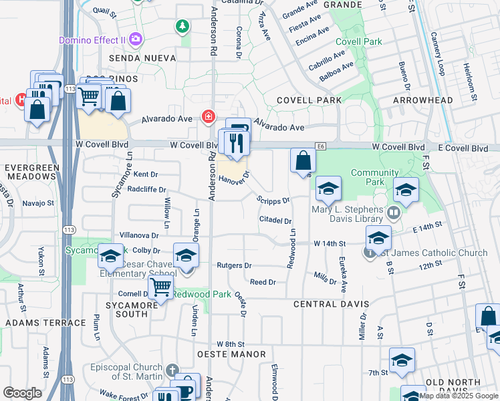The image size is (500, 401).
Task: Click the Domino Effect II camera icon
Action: [x=136, y=39]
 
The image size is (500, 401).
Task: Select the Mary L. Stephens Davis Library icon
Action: [x=393, y=213]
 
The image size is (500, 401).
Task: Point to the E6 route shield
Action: [x=322, y=146]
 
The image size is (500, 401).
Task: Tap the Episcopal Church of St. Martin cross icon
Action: [x=172, y=370]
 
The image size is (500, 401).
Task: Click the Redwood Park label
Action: [x=201, y=294]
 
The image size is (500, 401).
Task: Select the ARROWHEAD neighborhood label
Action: [x=422, y=100]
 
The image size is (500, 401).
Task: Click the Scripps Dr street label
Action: [x=273, y=200]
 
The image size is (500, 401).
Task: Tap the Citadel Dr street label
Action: [x=276, y=221]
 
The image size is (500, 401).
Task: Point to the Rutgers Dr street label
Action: [x=234, y=265]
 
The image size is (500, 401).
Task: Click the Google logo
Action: [x=23, y=392]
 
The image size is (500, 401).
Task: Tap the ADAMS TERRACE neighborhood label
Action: [x=46, y=323]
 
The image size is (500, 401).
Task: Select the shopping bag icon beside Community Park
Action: [x=303, y=160]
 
